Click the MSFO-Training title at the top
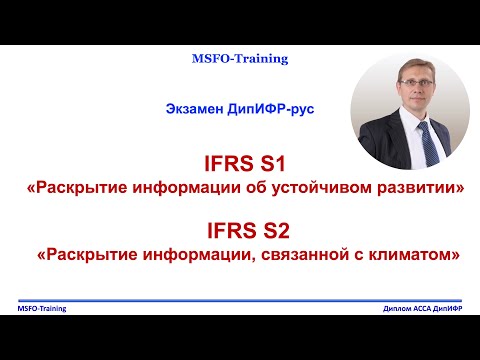coord(240,59)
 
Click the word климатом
coord(418,256)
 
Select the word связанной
coord(314,256)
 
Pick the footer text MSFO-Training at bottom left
coord(43,310)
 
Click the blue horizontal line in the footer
coord(240,303)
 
